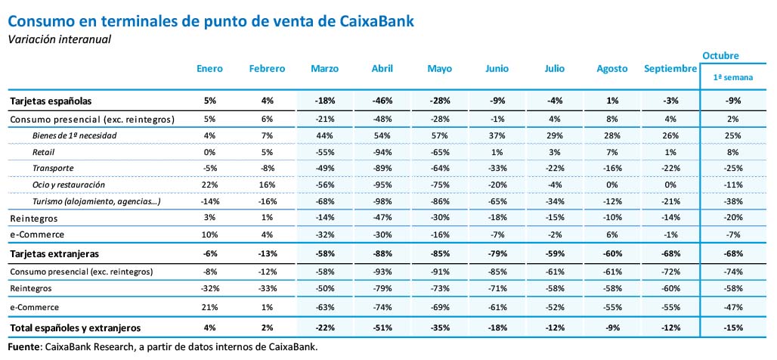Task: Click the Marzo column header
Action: [x=324, y=69]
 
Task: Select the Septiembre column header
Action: [x=670, y=69]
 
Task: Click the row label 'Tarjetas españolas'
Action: [x=51, y=101]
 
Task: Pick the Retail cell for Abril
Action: [x=382, y=151]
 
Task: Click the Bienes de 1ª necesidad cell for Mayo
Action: [x=439, y=135]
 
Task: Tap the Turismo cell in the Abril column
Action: [x=382, y=202]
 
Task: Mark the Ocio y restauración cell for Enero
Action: [x=209, y=185]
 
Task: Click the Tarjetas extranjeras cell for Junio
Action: [x=496, y=253]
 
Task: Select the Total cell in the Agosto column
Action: [x=611, y=327]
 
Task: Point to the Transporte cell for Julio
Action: [x=554, y=168]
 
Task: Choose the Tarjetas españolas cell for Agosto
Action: [x=611, y=101]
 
